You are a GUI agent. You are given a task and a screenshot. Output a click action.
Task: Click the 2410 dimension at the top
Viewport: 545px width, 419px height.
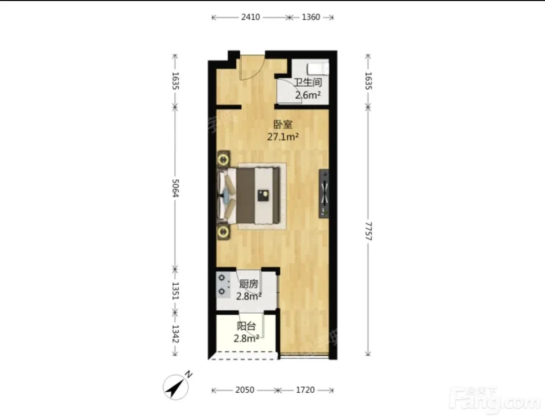pyautogui.click(x=250, y=17)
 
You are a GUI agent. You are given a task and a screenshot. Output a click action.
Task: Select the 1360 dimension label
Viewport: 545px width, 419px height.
pyautogui.click(x=311, y=17)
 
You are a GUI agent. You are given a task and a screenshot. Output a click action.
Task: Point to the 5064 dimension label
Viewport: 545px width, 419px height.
pyautogui.click(x=175, y=188)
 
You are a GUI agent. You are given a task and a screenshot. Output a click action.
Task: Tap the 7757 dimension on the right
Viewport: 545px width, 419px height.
pyautogui.click(x=368, y=231)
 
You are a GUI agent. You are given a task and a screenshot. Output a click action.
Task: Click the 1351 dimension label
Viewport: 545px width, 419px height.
pyautogui.click(x=175, y=291)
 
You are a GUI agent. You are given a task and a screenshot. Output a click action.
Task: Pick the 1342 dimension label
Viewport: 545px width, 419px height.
pyautogui.click(x=175, y=333)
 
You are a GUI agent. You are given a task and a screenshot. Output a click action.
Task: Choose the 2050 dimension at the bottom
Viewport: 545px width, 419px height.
pyautogui.click(x=245, y=390)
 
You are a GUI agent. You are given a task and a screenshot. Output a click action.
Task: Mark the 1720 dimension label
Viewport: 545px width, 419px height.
pyautogui.click(x=305, y=390)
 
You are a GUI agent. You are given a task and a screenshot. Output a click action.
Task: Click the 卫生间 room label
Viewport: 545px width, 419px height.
pyautogui.click(x=308, y=83)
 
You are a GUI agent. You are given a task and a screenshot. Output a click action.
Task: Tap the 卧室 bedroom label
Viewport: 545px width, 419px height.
pyautogui.click(x=283, y=125)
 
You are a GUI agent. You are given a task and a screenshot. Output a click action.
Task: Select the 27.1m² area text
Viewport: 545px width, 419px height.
pyautogui.click(x=283, y=137)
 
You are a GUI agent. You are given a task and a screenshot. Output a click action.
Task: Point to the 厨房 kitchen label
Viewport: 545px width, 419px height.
pyautogui.click(x=249, y=284)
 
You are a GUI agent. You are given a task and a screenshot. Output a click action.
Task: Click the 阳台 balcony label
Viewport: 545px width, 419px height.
pyautogui.click(x=246, y=326)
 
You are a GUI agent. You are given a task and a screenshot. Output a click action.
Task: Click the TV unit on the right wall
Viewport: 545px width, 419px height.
pyautogui.click(x=324, y=194)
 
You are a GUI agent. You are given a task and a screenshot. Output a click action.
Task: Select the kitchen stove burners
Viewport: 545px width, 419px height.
pyautogui.click(x=223, y=285)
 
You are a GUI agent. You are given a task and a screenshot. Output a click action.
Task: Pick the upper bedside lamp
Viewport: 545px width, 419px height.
pyautogui.click(x=223, y=160)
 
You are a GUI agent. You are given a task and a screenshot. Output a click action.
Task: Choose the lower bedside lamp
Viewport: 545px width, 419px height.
pyautogui.click(x=223, y=232)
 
